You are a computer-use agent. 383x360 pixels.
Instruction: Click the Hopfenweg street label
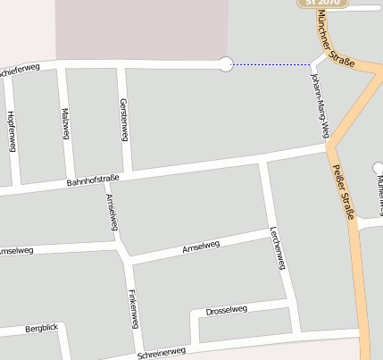11,131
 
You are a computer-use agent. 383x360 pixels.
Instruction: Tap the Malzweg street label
65,123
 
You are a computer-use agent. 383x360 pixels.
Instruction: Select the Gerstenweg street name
123,120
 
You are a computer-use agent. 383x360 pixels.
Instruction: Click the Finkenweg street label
133,308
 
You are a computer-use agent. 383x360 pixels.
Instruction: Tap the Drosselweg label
226,310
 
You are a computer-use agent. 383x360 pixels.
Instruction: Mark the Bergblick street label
41,329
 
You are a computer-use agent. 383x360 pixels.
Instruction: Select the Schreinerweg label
162,353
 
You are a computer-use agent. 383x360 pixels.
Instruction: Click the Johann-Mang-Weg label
320,105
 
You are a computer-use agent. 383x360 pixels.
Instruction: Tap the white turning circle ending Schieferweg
226,63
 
